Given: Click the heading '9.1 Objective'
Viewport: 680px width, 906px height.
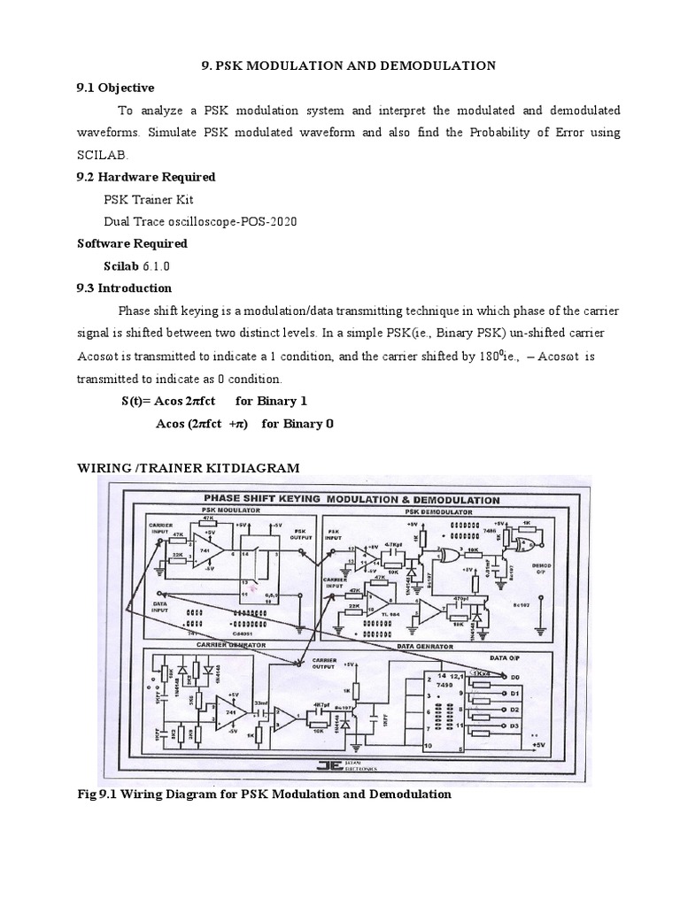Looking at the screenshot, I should coord(115,88).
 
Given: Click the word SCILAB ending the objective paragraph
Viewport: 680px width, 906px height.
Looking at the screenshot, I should coord(97,154).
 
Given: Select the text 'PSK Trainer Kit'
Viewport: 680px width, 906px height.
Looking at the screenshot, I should coord(148,199).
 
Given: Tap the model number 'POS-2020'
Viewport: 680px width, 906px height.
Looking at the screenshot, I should coord(268,221).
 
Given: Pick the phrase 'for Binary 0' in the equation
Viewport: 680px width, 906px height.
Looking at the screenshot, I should coord(297,423).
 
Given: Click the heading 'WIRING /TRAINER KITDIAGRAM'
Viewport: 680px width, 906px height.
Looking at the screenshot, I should coord(189,466).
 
